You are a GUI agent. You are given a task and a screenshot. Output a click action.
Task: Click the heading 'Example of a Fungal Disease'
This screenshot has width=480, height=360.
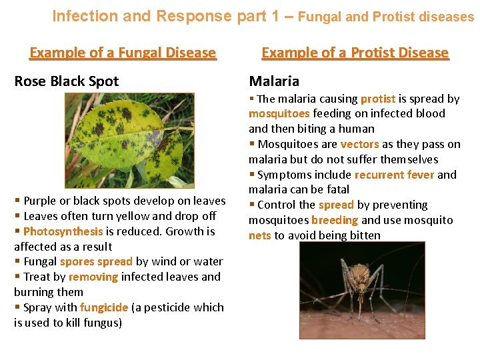pos(123,53)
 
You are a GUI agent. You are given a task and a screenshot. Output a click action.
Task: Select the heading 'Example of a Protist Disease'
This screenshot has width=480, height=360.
pos(355,53)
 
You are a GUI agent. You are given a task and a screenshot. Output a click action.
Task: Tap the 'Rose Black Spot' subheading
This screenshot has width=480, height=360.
pos(66,81)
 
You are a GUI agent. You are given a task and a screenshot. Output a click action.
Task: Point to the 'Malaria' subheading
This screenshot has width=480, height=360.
pos(274,81)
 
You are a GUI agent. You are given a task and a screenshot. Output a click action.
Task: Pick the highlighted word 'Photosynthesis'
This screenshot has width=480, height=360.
pos(63,231)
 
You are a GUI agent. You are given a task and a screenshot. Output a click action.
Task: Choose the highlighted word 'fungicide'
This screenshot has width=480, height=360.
pos(103,307)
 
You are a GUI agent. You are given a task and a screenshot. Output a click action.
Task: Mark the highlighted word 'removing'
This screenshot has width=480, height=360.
pos(93,277)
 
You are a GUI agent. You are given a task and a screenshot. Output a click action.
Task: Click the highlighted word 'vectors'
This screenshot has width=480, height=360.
pos(359,144)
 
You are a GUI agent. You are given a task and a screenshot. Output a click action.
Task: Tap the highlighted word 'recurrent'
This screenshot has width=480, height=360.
pos(379,175)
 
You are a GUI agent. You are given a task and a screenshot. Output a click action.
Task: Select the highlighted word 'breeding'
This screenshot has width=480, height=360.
pos(335,220)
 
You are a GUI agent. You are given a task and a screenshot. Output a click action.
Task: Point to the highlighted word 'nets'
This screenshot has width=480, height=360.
pos(259,235)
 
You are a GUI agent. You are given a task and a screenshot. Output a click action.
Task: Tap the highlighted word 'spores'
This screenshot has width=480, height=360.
pos(77,261)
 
